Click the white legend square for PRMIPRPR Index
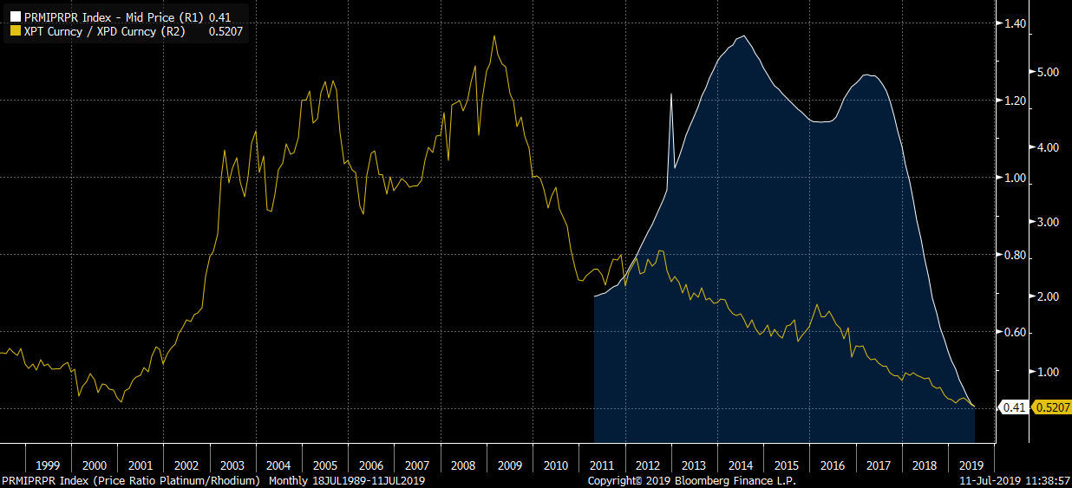pos(15,16)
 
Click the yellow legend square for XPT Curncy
pos(15,30)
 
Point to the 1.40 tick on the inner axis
pos(1015,23)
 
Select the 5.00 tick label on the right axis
pos(1048,72)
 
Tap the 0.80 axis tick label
pos(1015,256)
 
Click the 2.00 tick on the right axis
pos(1048,296)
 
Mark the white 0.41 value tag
pos(1014,407)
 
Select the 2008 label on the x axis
pos(463,465)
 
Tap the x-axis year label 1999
pos(48,465)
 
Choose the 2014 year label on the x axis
pos(741,465)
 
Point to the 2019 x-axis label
pos(971,465)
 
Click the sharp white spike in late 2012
pos(671,94)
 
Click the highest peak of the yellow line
pos(494,36)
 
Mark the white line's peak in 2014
pos(742,36)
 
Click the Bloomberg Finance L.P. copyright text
pos(691,480)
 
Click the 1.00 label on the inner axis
pos(1015,178)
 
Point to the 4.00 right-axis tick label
pos(1048,147)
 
